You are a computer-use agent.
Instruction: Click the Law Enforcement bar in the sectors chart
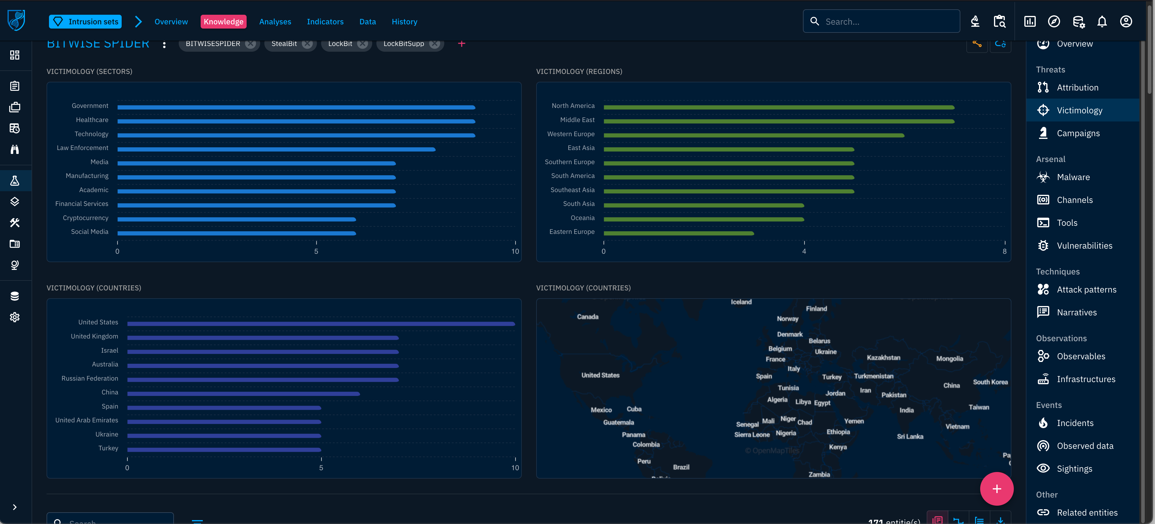276,149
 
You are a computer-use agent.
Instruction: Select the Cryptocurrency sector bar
236,219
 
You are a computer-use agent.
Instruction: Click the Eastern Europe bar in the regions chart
678,233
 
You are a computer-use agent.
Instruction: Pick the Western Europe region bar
753,136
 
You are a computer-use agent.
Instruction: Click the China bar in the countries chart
243,394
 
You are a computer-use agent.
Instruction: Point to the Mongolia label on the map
949,358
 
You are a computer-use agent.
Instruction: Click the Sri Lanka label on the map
910,437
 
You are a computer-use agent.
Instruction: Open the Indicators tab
325,22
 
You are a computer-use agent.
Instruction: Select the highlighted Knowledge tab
223,22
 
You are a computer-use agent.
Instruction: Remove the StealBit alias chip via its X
307,44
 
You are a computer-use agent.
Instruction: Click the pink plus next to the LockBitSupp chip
461,44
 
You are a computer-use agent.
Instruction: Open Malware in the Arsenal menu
1073,177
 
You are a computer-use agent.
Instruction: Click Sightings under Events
1074,469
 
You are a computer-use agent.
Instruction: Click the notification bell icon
1102,22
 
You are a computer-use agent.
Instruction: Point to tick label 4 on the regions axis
804,252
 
